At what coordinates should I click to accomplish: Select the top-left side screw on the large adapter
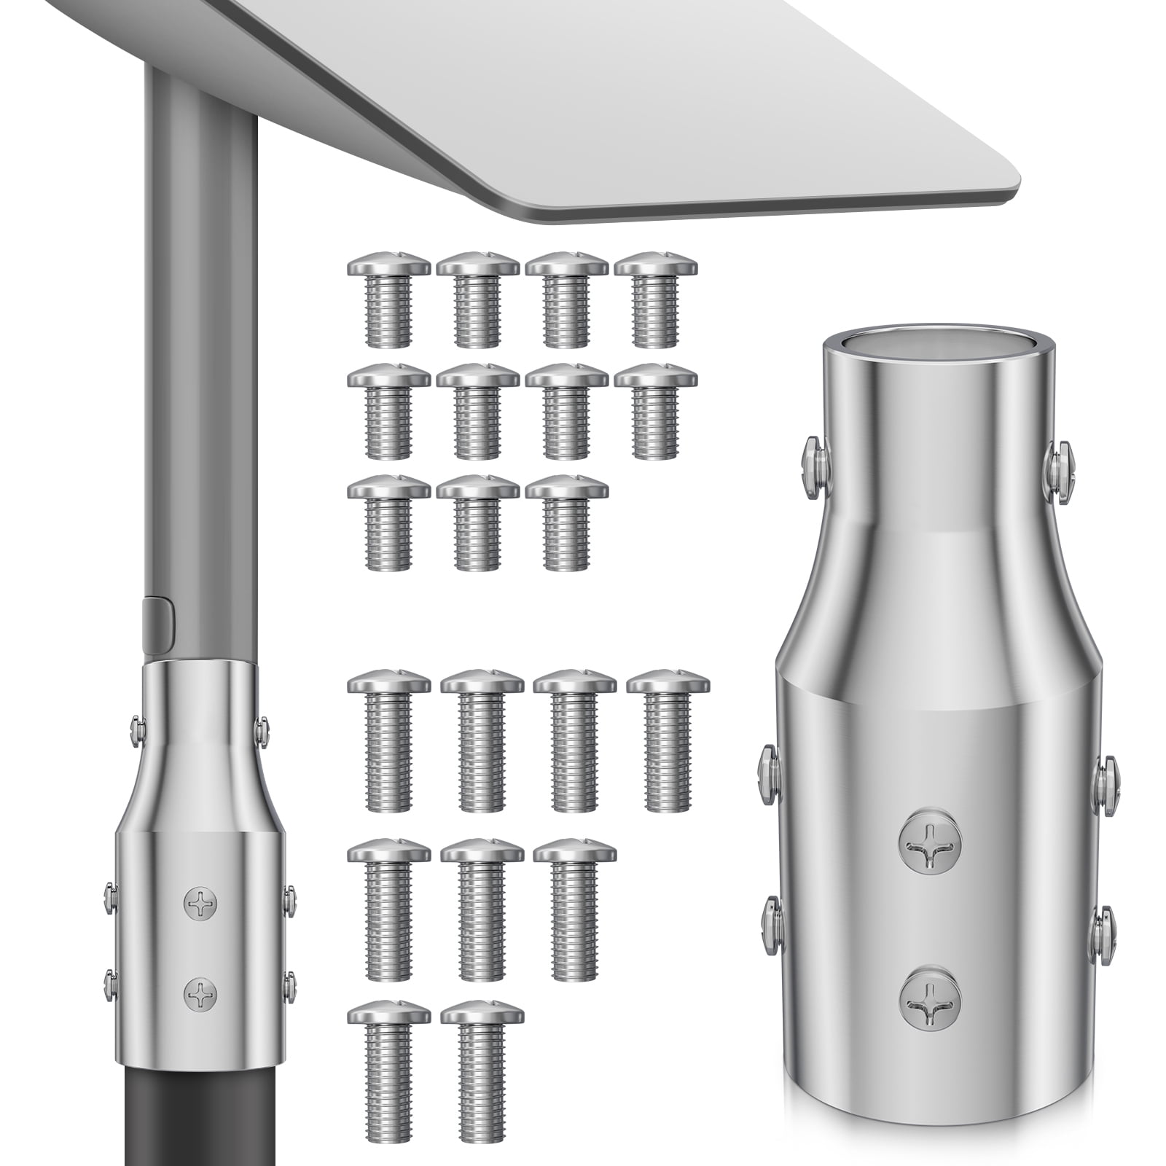pyautogui.click(x=815, y=467)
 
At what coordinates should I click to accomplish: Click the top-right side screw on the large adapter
pyautogui.click(x=1060, y=470)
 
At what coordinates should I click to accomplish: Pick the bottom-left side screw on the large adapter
pyautogui.click(x=772, y=926)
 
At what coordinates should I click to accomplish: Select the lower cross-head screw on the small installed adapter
pyautogui.click(x=200, y=994)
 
